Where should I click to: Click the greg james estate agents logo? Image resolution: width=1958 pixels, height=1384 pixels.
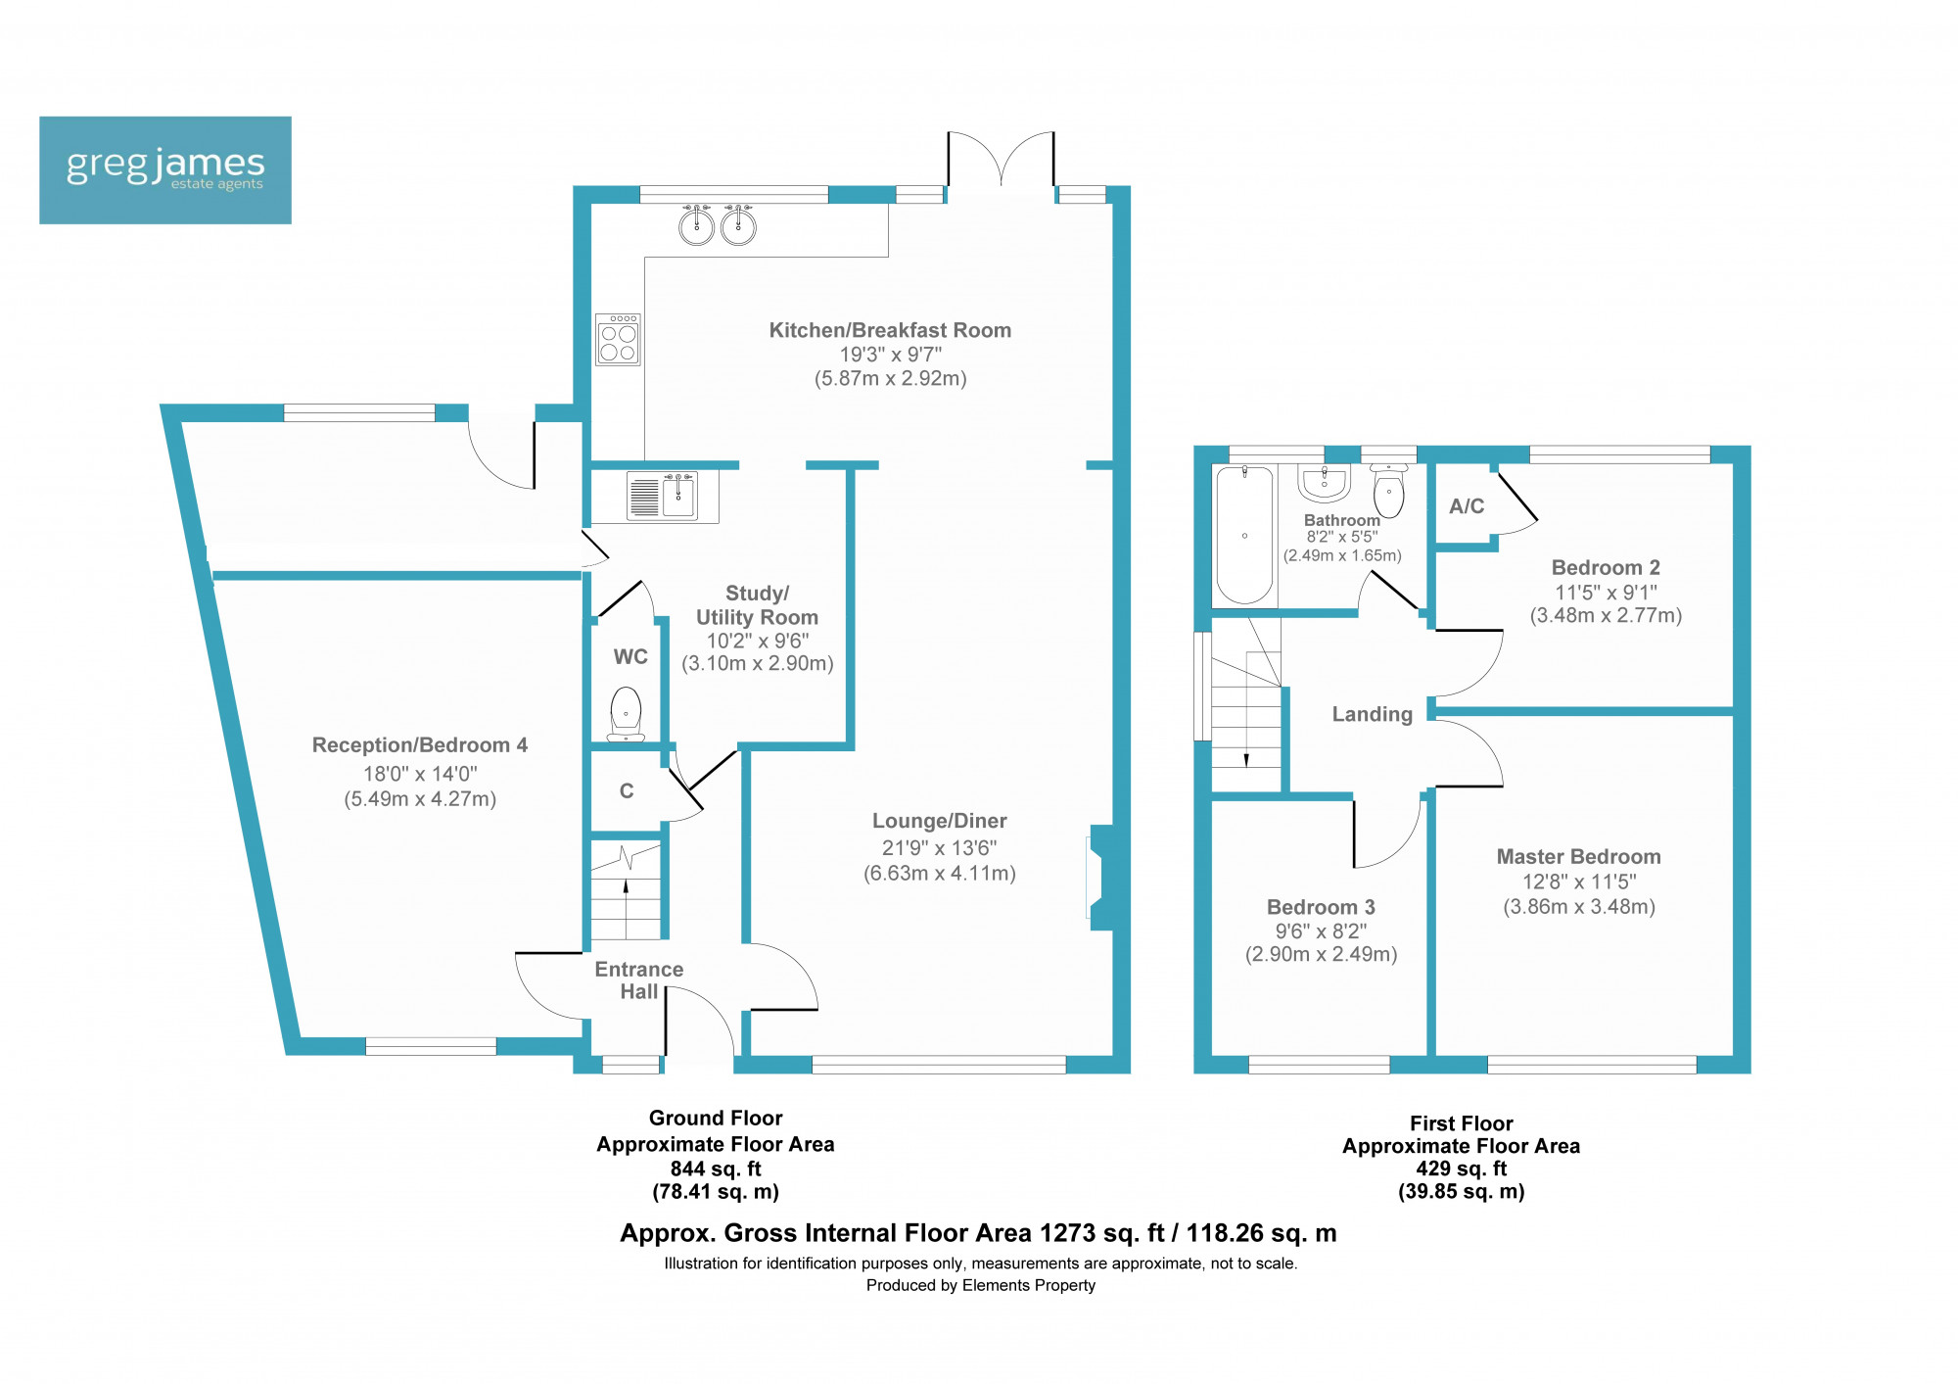click(x=165, y=170)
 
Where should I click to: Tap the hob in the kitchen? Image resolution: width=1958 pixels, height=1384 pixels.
click(x=618, y=339)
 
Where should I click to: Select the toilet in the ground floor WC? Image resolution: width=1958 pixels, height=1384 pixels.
click(x=626, y=714)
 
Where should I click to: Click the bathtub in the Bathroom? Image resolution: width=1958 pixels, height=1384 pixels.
click(x=1244, y=535)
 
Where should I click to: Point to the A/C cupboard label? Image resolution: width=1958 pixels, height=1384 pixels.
click(x=1467, y=506)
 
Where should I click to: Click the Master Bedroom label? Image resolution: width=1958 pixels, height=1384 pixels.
click(x=1578, y=857)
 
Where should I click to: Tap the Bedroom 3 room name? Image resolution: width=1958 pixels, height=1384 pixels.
click(x=1321, y=907)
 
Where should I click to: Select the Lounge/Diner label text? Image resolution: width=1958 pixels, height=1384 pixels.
click(x=940, y=821)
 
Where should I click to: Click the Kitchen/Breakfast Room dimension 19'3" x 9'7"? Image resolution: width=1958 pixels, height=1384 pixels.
click(x=891, y=355)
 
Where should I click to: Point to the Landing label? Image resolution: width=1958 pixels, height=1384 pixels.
click(x=1373, y=715)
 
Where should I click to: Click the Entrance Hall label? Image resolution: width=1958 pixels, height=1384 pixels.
click(x=639, y=980)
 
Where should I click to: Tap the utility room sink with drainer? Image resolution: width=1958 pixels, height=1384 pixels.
click(x=662, y=496)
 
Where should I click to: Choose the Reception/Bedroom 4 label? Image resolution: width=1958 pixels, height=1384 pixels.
click(x=420, y=745)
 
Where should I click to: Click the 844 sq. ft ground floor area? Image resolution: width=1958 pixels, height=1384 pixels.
click(x=716, y=1169)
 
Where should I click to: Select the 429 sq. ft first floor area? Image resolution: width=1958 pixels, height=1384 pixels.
click(x=1462, y=1169)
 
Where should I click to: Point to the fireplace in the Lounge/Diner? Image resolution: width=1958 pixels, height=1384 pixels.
click(x=1100, y=878)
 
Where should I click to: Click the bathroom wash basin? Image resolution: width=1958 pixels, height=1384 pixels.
click(x=1325, y=482)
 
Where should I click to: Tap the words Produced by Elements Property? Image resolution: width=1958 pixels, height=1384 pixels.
click(x=981, y=1285)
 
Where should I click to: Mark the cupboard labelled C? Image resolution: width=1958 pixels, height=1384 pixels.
click(x=627, y=790)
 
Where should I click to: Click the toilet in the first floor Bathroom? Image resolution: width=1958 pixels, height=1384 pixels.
click(x=1388, y=489)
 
